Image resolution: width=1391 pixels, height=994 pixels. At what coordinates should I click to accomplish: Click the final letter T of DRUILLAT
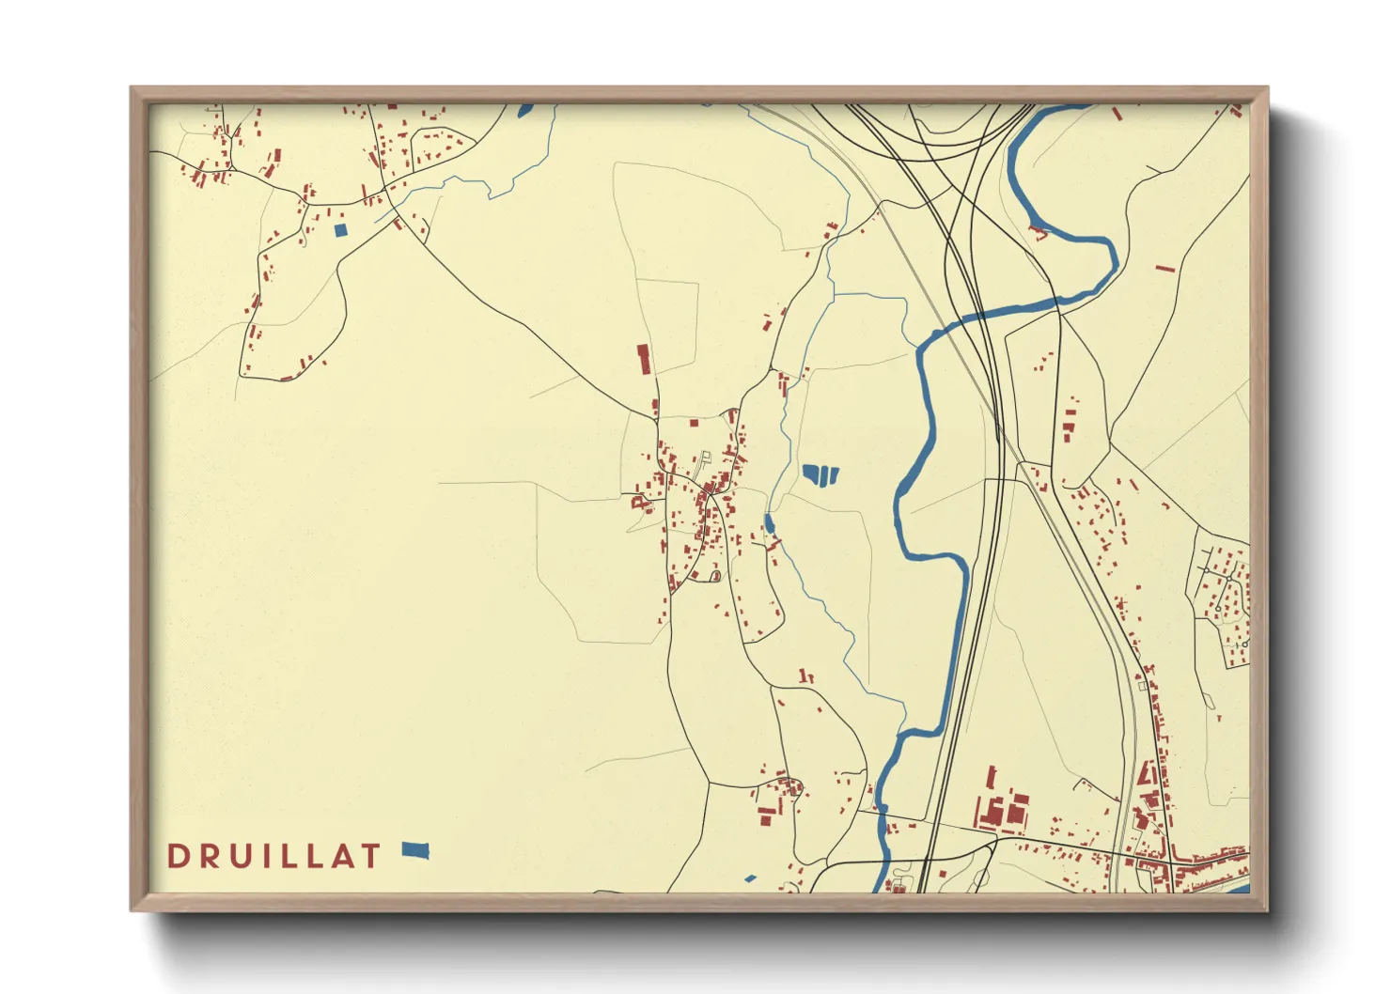coord(371,856)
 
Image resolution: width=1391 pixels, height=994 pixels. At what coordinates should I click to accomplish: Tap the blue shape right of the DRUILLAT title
coord(415,850)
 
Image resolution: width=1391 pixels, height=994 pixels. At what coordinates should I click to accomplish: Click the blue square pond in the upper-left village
coord(340,229)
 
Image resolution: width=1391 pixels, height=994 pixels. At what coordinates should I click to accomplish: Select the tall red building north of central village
coord(644,359)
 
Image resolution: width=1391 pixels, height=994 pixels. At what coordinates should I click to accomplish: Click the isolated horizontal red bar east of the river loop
coord(1164,269)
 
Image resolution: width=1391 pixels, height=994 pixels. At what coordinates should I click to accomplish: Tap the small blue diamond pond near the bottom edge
coord(749,879)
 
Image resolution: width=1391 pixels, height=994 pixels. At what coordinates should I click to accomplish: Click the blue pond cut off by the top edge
coord(524,111)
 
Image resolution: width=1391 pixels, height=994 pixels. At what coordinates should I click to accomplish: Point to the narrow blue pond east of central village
coord(769,523)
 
